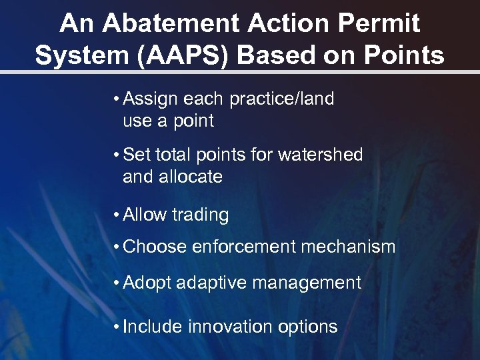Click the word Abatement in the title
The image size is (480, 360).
tap(171, 24)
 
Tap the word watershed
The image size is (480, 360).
tap(321, 155)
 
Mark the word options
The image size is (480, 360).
tap(307, 328)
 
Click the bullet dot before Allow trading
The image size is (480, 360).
tap(117, 215)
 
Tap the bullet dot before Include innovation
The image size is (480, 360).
tap(117, 327)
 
